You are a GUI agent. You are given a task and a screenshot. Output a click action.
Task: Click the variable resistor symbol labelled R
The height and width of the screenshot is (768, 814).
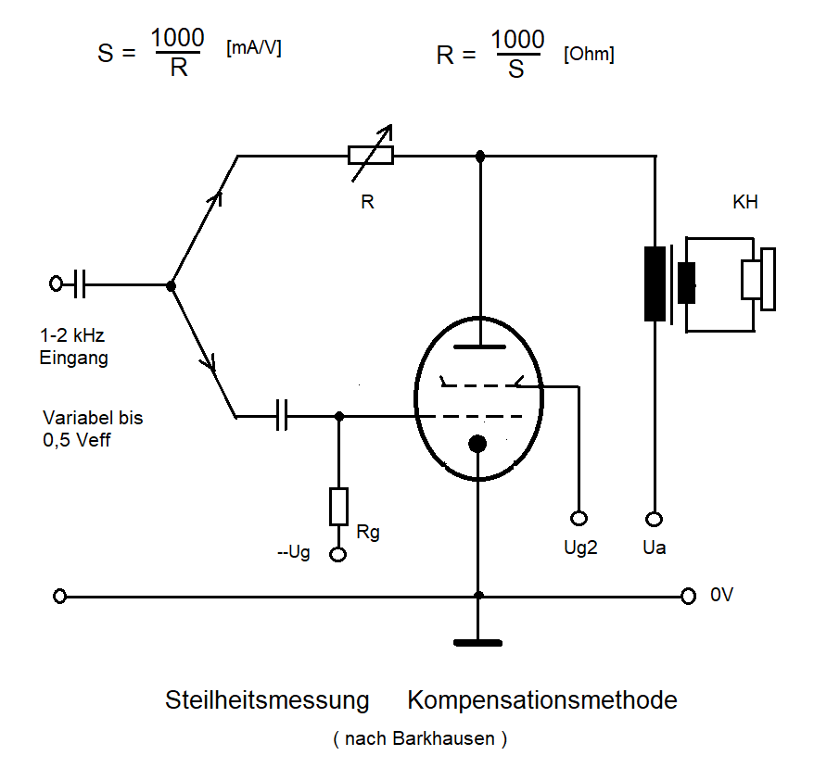pyautogui.click(x=370, y=156)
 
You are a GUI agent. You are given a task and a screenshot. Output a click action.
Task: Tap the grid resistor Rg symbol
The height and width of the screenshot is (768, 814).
pyautogui.click(x=338, y=506)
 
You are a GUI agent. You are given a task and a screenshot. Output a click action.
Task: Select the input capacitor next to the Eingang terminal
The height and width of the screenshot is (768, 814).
pyautogui.click(x=80, y=283)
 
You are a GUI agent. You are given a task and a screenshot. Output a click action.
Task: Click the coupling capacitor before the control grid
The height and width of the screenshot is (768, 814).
pyautogui.click(x=284, y=417)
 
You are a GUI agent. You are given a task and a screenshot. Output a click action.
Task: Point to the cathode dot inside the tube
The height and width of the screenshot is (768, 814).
pyautogui.click(x=477, y=444)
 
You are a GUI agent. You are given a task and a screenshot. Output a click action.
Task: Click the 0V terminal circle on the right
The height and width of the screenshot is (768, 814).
pyautogui.click(x=688, y=597)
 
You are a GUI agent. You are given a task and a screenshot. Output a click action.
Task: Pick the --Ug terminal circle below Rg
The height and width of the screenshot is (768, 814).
pyautogui.click(x=338, y=554)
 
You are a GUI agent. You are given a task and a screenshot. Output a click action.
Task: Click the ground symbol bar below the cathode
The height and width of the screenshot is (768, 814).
pyautogui.click(x=477, y=641)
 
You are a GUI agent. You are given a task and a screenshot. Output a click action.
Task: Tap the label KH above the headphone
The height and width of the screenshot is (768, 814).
pyautogui.click(x=745, y=202)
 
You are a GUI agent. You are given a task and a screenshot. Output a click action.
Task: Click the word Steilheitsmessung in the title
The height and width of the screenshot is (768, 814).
pyautogui.click(x=267, y=699)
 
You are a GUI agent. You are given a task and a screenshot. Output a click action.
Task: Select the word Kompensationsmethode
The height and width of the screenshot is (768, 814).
pyautogui.click(x=542, y=699)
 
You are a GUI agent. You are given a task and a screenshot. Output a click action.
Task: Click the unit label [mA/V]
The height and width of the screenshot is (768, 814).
pyautogui.click(x=253, y=49)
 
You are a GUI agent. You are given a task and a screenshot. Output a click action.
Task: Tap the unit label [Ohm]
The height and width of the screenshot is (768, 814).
pyautogui.click(x=589, y=55)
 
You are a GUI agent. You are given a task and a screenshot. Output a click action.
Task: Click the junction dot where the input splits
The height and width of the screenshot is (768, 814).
pyautogui.click(x=171, y=286)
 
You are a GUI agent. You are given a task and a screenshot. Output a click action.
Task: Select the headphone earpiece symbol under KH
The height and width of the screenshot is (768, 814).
pyautogui.click(x=757, y=279)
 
